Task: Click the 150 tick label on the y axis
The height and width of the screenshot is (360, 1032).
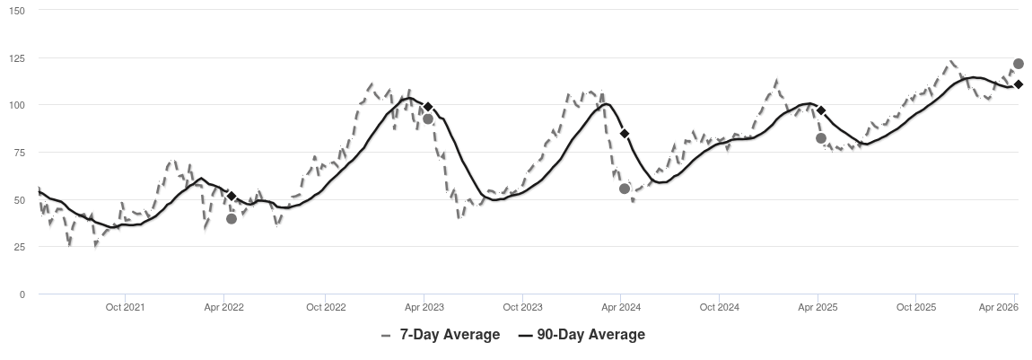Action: point(18,11)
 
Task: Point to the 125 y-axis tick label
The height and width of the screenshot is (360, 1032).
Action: point(18,58)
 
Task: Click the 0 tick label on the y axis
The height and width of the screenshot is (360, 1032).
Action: point(22,294)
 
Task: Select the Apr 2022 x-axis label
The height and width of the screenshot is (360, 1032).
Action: point(225,307)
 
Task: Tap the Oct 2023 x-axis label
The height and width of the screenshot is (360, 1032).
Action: point(522,307)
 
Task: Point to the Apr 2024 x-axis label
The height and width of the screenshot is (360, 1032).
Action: point(620,307)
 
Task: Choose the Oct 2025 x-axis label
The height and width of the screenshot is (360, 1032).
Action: point(916,307)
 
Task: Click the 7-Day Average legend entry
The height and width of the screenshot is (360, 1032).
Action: point(440,335)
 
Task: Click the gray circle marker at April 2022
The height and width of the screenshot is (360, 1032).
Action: point(232,218)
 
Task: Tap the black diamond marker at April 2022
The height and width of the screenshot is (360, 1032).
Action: point(232,196)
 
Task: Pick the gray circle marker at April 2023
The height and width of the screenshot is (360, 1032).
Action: point(428,119)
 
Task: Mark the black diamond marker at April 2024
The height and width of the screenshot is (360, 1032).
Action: point(625,134)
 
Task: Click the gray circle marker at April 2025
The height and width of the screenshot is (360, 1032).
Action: point(821,138)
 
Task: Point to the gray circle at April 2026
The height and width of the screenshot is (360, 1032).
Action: point(1019,64)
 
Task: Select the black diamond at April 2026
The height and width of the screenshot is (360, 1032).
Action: point(1019,84)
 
